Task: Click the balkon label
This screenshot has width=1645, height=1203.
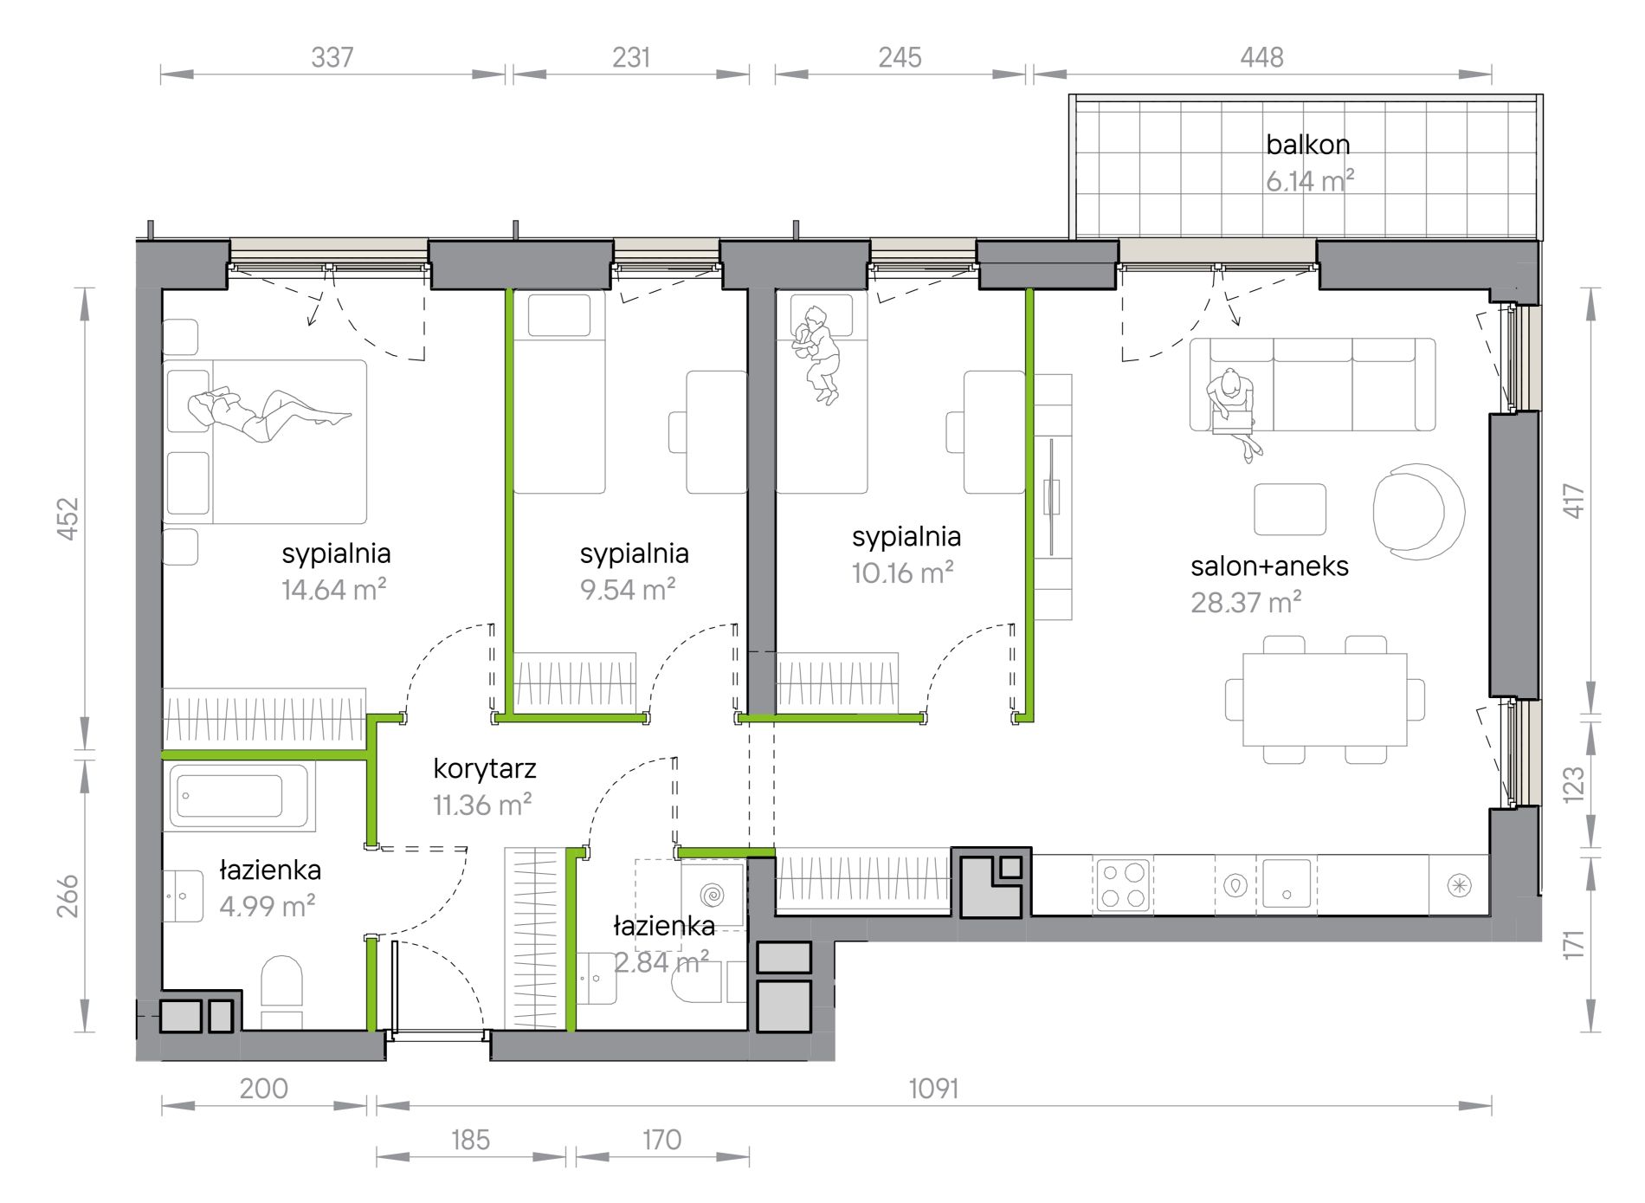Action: [x=1307, y=144]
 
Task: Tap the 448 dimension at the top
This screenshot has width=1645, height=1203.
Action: [x=1261, y=57]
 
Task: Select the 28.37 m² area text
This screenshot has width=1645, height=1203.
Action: [x=1246, y=602]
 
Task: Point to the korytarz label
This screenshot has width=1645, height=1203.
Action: [x=484, y=769]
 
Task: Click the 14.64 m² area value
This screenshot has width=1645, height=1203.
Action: [x=333, y=590]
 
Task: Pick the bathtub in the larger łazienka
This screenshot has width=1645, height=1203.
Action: [x=239, y=797]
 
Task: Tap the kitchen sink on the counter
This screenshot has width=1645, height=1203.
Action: [x=1287, y=883]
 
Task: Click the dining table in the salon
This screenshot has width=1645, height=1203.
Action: [x=1325, y=699]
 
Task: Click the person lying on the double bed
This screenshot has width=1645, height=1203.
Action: [x=268, y=414]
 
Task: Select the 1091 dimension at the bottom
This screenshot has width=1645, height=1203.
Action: [x=933, y=1089]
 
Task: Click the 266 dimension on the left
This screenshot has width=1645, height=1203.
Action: [x=68, y=896]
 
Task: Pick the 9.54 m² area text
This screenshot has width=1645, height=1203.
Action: [x=628, y=590]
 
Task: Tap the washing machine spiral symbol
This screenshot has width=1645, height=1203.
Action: [x=713, y=893]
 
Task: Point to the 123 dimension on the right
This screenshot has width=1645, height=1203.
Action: [x=1573, y=785]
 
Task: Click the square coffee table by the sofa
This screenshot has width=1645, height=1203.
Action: [x=1290, y=509]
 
